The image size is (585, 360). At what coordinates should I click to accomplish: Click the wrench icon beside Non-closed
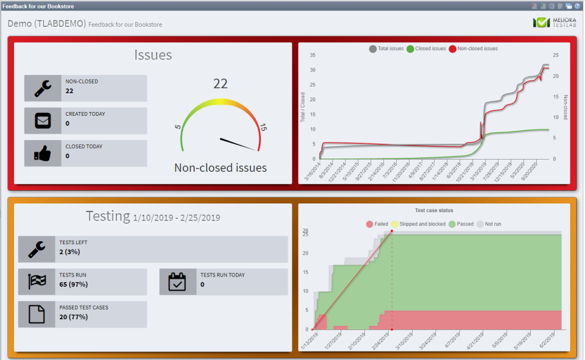tap(43, 88)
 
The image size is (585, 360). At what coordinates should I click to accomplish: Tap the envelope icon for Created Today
tap(43, 121)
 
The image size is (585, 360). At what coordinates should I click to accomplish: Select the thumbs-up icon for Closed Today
tap(43, 154)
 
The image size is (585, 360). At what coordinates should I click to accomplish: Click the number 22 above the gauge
tap(220, 84)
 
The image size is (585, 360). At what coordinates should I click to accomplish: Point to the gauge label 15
tap(263, 128)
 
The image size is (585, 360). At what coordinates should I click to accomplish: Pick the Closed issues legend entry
tap(426, 49)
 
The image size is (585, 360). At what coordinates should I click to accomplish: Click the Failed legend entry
tap(377, 224)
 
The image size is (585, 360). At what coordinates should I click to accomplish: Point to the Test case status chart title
tap(434, 210)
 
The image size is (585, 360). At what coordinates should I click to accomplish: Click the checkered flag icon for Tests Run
tap(37, 282)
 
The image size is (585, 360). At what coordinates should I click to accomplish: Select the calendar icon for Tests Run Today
tap(178, 282)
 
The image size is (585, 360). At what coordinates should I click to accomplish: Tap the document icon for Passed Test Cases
tap(37, 314)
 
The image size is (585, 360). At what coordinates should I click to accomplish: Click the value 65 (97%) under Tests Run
tap(73, 284)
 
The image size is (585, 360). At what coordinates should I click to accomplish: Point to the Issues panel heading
tap(153, 55)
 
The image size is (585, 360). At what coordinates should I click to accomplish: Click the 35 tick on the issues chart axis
tap(312, 55)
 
